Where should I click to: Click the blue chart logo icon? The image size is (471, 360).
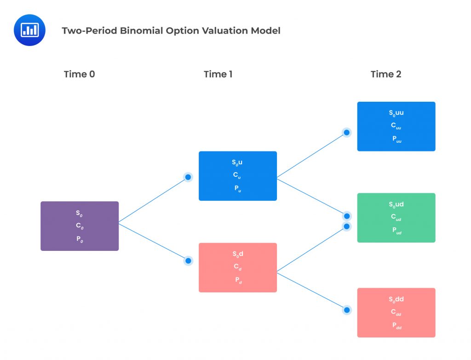click(30, 30)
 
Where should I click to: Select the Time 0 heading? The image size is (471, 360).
click(79, 74)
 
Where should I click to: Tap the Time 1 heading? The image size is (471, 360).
click(218, 74)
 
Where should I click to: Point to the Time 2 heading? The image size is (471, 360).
click(386, 74)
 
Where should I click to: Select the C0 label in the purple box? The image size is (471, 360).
click(80, 226)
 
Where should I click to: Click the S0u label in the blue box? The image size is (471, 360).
click(238, 163)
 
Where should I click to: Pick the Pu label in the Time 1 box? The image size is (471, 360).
click(238, 188)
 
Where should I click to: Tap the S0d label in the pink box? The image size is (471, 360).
click(238, 254)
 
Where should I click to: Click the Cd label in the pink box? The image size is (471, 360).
click(238, 267)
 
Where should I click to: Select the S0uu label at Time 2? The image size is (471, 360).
click(396, 113)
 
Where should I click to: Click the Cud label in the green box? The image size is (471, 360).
click(396, 217)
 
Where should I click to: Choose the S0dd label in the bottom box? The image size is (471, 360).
click(396, 299)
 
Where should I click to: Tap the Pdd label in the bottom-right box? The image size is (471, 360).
click(396, 325)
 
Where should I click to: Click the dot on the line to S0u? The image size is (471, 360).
click(188, 177)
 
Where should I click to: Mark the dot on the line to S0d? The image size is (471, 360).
click(188, 261)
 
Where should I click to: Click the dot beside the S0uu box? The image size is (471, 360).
click(347, 133)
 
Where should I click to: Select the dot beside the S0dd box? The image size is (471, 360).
click(347, 310)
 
